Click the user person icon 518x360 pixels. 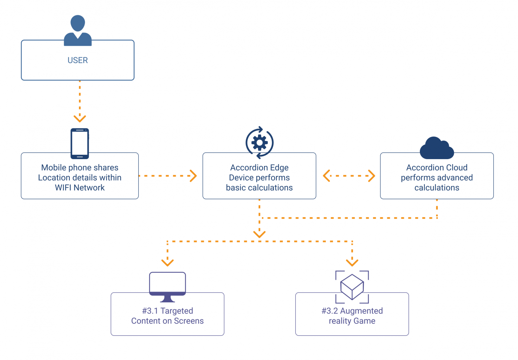[x=78, y=30]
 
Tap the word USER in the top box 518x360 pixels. [x=78, y=60]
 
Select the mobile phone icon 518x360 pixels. [x=80, y=143]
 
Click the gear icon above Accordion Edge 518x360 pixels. [x=259, y=143]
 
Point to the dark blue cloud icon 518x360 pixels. [x=436, y=148]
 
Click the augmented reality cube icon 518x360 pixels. [x=352, y=287]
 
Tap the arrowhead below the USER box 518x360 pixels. [x=80, y=118]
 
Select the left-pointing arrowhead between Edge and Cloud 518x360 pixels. [x=326, y=176]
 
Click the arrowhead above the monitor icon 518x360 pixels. [x=168, y=262]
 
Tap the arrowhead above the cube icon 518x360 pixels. [x=352, y=262]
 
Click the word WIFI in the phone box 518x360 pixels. [x=63, y=188]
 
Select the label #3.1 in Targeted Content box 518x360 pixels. [x=150, y=311]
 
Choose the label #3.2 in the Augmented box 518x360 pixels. [x=330, y=311]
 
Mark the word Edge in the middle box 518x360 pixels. [x=279, y=168]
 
